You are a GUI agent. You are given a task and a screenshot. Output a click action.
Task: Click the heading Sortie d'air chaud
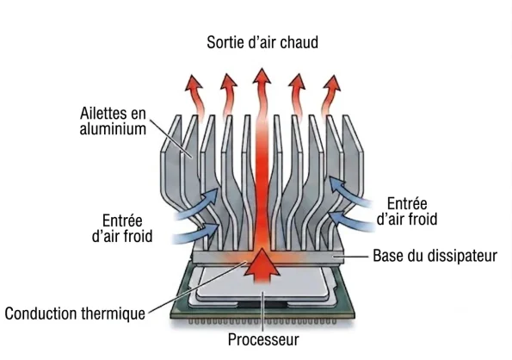click(262, 42)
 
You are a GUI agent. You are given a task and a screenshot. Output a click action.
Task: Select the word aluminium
click(113, 128)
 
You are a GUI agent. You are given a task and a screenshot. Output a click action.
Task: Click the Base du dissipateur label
click(435, 256)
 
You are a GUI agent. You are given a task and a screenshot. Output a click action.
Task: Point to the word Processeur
click(263, 339)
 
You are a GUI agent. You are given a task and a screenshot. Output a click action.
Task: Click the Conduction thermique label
click(75, 313)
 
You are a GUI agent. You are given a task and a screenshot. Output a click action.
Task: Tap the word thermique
click(113, 313)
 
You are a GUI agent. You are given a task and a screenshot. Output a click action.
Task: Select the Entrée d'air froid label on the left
click(122, 228)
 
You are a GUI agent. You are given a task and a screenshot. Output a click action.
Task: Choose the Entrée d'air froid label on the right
click(407, 211)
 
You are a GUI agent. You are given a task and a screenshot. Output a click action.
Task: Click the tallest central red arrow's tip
click(262, 68)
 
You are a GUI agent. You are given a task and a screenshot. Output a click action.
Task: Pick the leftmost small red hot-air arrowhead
click(193, 83)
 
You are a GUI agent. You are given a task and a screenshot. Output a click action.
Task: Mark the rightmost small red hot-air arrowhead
click(333, 83)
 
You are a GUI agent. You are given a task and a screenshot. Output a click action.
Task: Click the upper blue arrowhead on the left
click(211, 196)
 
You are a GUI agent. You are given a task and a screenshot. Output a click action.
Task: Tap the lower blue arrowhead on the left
click(212, 229)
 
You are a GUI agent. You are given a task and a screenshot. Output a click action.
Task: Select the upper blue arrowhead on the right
click(336, 184)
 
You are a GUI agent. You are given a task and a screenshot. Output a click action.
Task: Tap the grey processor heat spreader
click(262, 283)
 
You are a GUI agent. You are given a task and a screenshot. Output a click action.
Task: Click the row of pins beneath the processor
click(262, 321)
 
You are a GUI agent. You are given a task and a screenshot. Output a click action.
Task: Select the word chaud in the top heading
click(299, 42)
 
